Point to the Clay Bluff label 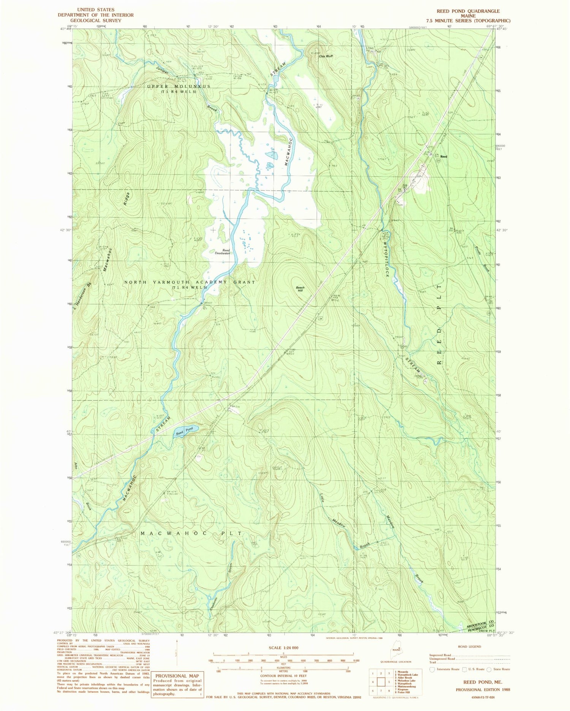(x=326, y=56)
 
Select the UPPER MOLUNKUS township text (x=179, y=87)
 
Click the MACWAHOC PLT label (x=191, y=534)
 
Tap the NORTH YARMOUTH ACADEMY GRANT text (x=190, y=282)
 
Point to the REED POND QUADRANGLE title (x=468, y=11)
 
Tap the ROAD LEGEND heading (x=470, y=646)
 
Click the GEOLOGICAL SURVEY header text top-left (x=95, y=20)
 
